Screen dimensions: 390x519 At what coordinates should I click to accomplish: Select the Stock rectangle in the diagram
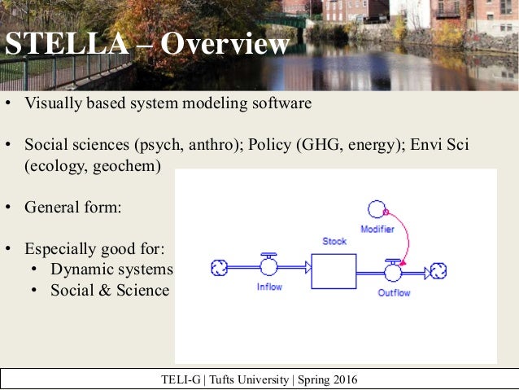tap(334, 271)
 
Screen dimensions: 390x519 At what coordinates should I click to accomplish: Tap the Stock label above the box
tap(334, 241)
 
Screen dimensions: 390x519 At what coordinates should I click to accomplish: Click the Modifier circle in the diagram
tap(377, 209)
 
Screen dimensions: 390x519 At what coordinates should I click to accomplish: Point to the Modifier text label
tap(377, 230)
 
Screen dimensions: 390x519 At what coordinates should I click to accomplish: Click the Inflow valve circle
tap(268, 267)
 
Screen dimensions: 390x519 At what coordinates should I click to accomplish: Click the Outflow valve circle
tap(394, 271)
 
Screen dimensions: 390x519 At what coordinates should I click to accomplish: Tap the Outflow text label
tap(395, 292)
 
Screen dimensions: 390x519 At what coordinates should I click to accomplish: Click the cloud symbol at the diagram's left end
tap(218, 267)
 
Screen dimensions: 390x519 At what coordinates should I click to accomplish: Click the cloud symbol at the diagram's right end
tap(438, 271)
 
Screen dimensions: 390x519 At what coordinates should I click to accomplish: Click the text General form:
tap(72, 207)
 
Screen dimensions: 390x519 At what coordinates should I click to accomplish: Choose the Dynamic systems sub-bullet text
tap(111, 269)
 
